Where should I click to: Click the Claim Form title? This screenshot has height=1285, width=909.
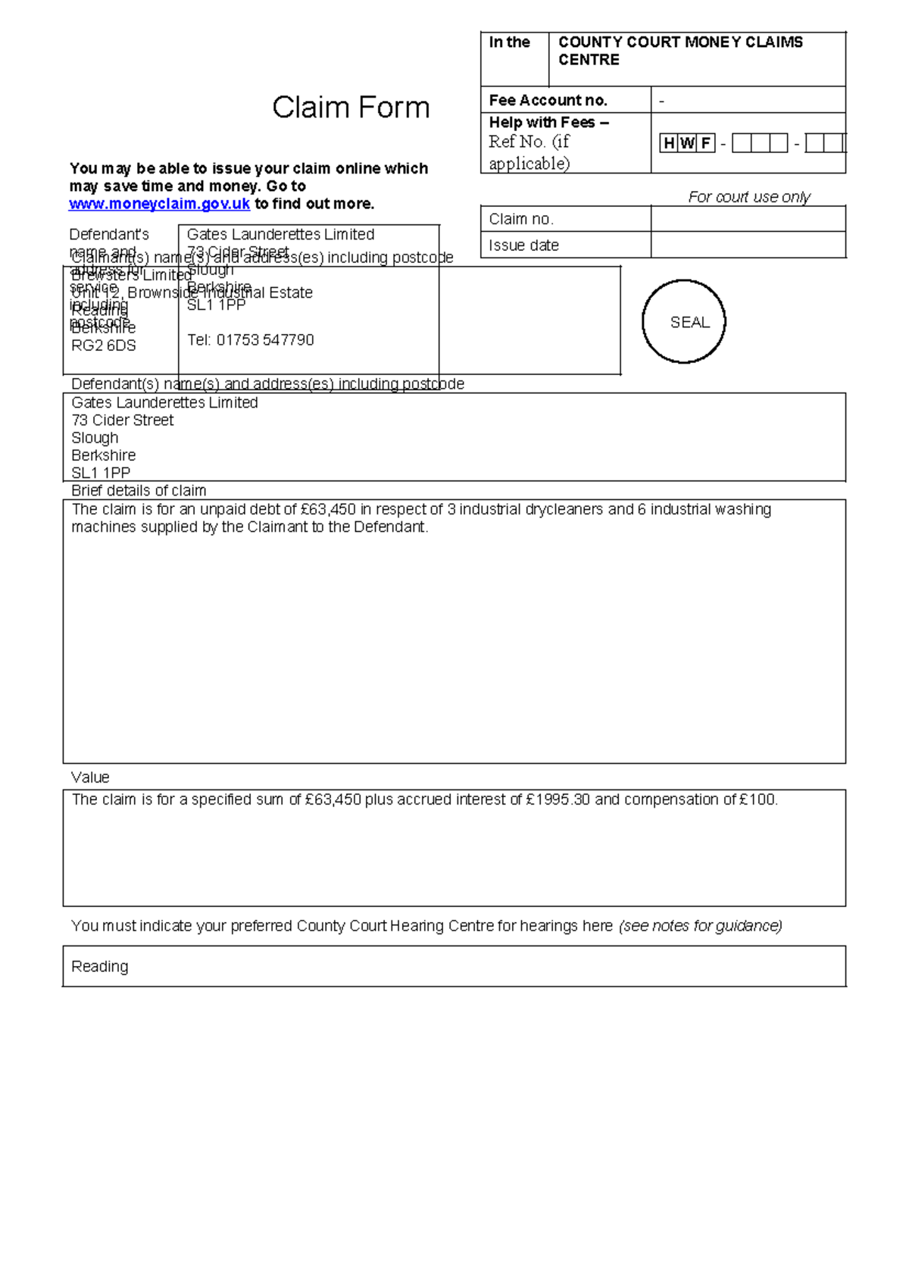(351, 108)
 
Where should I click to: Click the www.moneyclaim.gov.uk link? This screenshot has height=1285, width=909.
(159, 204)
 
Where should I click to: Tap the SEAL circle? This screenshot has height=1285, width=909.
(684, 322)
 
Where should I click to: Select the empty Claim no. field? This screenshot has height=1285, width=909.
(748, 219)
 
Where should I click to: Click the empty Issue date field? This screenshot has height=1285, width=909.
(748, 245)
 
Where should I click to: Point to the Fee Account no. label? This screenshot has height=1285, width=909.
(548, 100)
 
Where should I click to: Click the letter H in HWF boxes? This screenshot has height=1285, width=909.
(669, 142)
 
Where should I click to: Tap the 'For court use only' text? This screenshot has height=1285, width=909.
(748, 197)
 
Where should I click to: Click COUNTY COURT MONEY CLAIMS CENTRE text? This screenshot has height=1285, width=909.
(679, 51)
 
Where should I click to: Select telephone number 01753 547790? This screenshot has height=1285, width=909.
(265, 340)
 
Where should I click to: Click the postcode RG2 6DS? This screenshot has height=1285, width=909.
(103, 345)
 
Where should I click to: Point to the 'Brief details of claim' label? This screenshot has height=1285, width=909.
(138, 490)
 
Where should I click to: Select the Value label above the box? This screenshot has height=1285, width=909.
(89, 777)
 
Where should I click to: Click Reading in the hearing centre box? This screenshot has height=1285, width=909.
(99, 967)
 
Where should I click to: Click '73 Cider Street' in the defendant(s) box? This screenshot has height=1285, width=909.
(122, 421)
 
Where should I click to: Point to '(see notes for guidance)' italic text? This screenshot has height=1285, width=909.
(700, 926)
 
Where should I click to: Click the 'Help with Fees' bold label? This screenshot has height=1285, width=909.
(548, 123)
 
